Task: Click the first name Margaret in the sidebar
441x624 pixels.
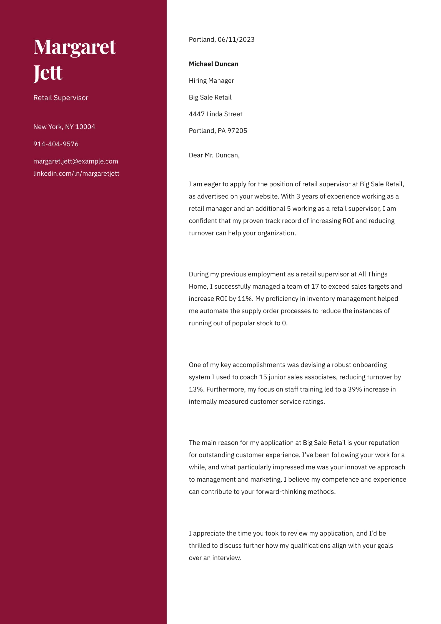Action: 74,47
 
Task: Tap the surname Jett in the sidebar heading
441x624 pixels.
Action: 48,73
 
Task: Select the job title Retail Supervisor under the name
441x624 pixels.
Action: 61,98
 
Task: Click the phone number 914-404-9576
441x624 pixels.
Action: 56,144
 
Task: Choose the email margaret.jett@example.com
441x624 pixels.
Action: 76,161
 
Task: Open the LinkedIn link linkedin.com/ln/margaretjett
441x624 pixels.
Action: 76,174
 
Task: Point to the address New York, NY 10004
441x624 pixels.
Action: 64,127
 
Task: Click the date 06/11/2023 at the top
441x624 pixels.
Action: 236,39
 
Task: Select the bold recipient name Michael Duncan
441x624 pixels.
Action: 214,64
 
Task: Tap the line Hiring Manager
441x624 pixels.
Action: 211,81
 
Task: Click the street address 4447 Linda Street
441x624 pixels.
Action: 216,114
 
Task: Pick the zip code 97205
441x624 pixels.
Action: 237,131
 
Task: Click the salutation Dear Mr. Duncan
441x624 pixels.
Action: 214,155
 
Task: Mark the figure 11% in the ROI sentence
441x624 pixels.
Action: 245,299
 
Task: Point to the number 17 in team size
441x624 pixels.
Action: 315,286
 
